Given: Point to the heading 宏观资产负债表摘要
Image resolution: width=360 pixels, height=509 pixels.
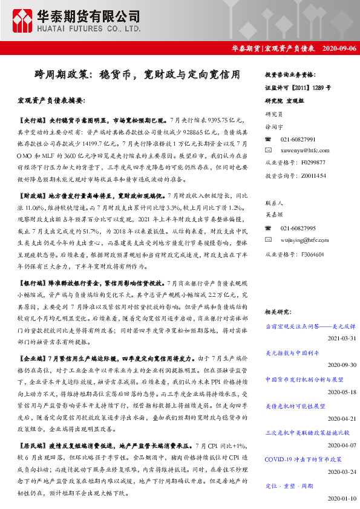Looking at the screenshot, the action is click(51, 100).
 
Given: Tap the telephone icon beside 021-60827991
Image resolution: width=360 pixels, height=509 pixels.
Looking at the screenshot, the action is click(269, 139).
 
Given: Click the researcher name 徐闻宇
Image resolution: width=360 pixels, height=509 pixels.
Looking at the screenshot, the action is click(274, 127).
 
